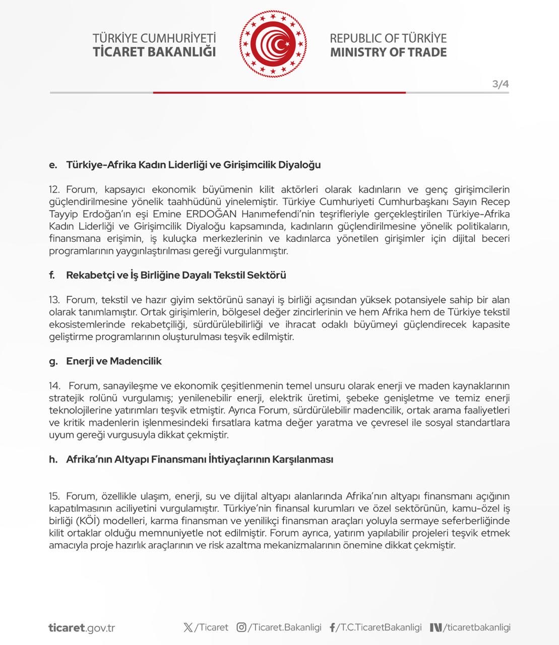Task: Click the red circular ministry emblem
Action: tap(273, 45)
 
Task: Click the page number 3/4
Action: tap(500, 84)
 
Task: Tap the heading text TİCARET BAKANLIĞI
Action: tap(154, 52)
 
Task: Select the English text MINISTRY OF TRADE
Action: tap(388, 52)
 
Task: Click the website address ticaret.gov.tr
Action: tap(82, 628)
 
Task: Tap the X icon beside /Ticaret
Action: tap(188, 627)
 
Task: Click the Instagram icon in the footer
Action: tap(241, 627)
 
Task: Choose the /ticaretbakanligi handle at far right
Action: tap(477, 627)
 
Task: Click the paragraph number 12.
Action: tap(54, 189)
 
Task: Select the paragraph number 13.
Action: tap(54, 300)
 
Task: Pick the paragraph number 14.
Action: tap(54, 386)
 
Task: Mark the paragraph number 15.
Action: tap(54, 496)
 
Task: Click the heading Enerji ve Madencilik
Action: tap(114, 361)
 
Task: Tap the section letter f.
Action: tap(52, 275)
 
